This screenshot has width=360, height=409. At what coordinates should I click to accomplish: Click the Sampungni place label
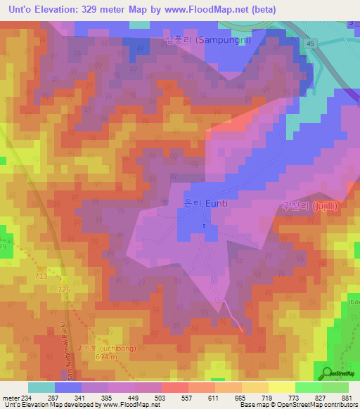pyautogui.click(x=208, y=41)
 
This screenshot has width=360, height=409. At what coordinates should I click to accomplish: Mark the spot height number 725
pyautogui.click(x=65, y=290)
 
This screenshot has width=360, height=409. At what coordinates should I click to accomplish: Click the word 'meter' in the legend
pyautogui.click(x=10, y=397)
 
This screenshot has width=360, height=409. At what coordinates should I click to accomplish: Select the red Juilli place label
pyautogui.click(x=316, y=207)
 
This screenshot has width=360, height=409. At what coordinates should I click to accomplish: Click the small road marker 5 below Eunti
pyautogui.click(x=204, y=226)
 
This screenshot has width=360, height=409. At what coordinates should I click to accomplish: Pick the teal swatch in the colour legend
pyautogui.click(x=41, y=387)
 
